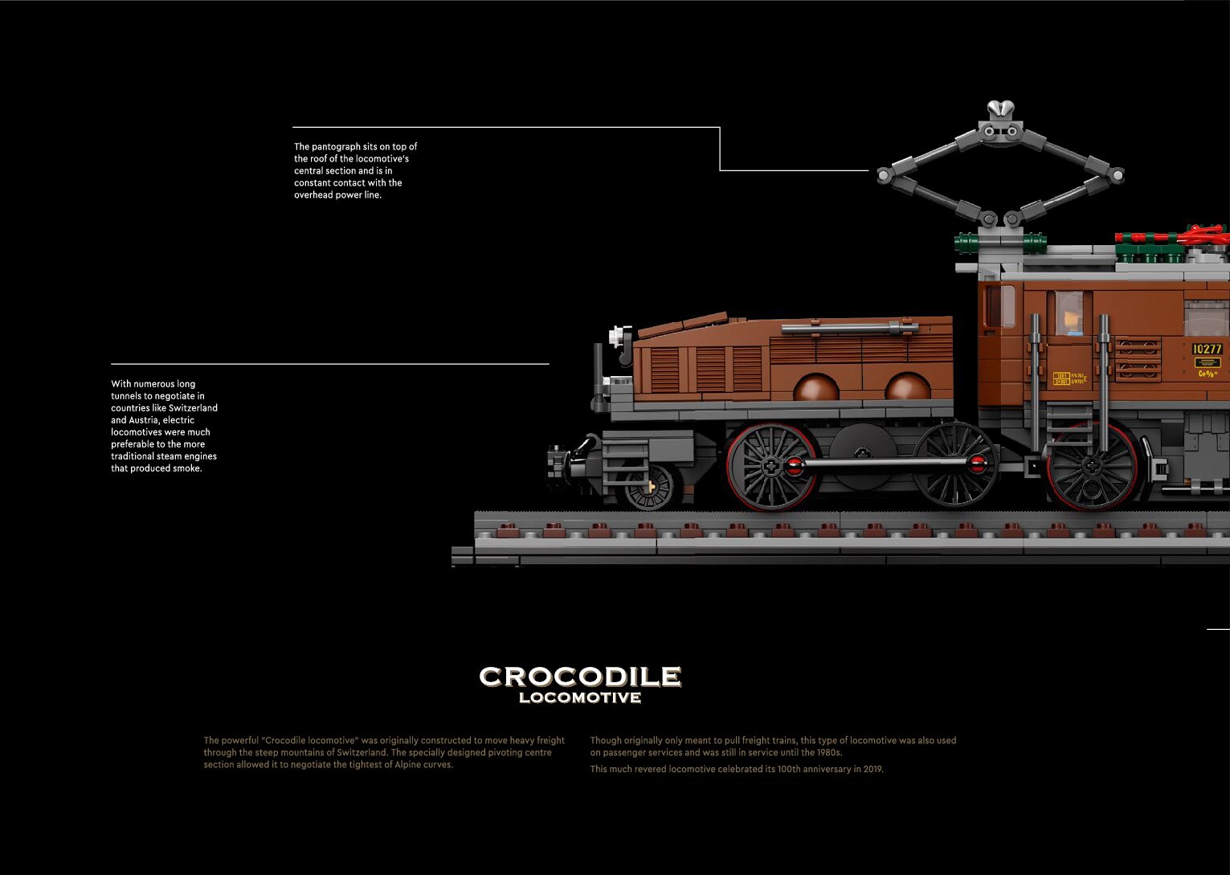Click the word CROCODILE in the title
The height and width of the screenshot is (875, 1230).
(580, 677)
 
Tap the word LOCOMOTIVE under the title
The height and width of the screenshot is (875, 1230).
(580, 697)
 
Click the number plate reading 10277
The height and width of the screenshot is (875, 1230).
(1207, 349)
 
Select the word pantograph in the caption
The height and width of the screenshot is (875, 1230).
(336, 146)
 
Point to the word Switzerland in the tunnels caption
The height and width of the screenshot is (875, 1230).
(193, 408)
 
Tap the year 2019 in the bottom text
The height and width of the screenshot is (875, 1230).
(871, 769)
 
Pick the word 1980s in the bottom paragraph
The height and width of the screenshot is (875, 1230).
(827, 753)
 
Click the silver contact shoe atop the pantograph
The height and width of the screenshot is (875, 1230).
(1000, 108)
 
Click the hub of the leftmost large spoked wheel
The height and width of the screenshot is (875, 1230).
(770, 467)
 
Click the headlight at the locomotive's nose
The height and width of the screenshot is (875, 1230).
(617, 335)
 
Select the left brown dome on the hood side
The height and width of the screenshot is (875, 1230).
(815, 390)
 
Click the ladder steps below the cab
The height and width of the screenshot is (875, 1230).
(1069, 426)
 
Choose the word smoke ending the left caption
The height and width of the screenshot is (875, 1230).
(187, 468)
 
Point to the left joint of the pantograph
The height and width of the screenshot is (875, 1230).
(884, 174)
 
